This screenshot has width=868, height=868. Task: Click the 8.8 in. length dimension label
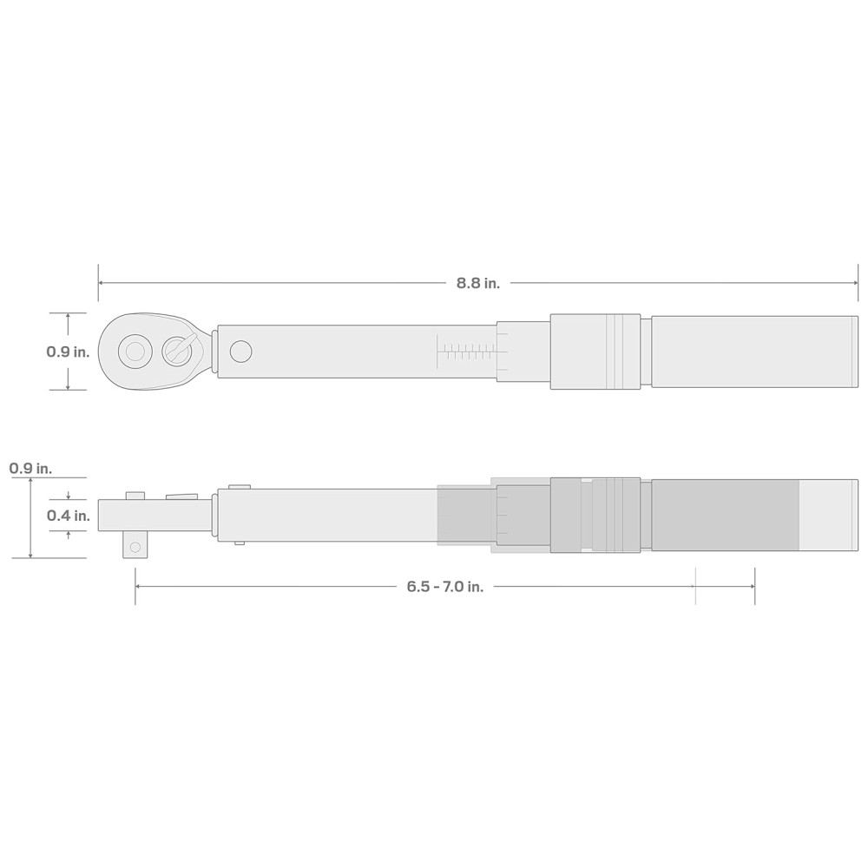click(477, 284)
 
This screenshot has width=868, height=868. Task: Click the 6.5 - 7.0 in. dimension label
click(445, 587)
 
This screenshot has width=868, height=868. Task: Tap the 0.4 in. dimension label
click(68, 516)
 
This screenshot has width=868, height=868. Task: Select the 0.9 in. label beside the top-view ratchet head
click(68, 352)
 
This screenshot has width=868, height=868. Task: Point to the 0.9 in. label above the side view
click(30, 469)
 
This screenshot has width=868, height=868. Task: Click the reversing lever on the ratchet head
click(180, 350)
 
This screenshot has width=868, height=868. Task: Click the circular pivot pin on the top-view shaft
click(240, 352)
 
